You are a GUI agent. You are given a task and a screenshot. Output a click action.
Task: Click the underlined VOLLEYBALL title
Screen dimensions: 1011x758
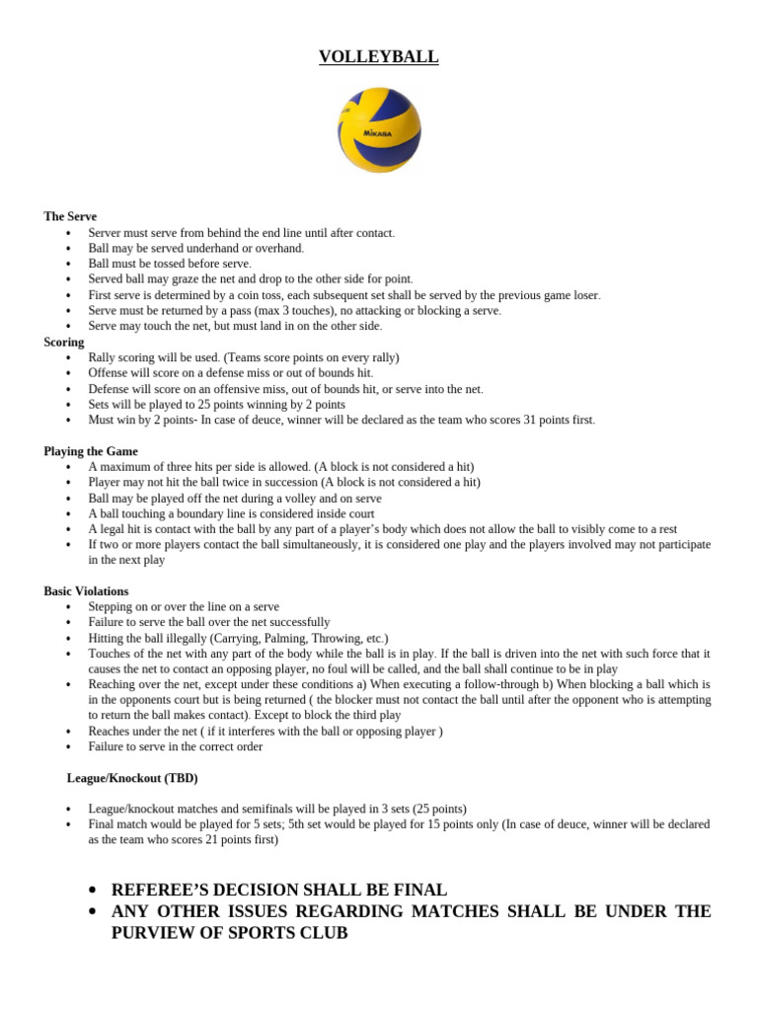tap(378, 57)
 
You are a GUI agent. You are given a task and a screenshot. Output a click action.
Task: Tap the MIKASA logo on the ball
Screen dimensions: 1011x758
tap(377, 132)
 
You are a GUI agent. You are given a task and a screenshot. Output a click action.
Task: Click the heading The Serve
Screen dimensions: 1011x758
tap(70, 216)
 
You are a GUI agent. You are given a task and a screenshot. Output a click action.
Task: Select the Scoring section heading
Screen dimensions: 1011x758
tap(64, 342)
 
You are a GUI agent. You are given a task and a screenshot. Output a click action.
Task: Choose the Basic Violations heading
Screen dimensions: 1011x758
tap(86, 591)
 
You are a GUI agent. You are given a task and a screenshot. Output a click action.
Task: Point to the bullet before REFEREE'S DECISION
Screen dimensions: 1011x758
tap(92, 890)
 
